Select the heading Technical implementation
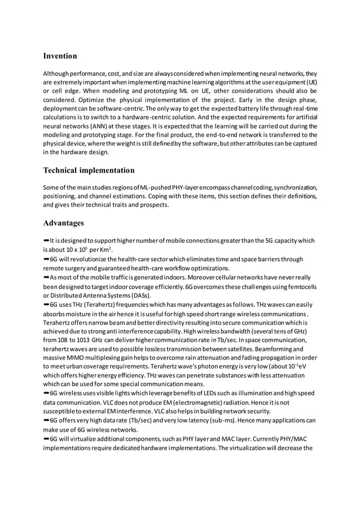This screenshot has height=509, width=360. (x=89, y=170)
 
